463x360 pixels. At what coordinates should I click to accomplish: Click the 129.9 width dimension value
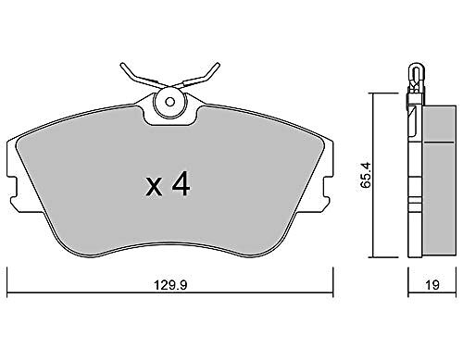[170, 285]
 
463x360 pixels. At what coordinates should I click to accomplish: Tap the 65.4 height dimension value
[367, 175]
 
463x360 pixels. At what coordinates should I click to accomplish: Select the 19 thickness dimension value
[432, 285]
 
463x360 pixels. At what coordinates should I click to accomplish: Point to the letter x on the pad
[154, 187]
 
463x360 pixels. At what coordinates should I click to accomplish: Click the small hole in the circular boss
[169, 102]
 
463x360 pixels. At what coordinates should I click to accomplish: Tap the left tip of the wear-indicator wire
[121, 65]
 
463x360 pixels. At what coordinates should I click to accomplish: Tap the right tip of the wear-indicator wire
[219, 64]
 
